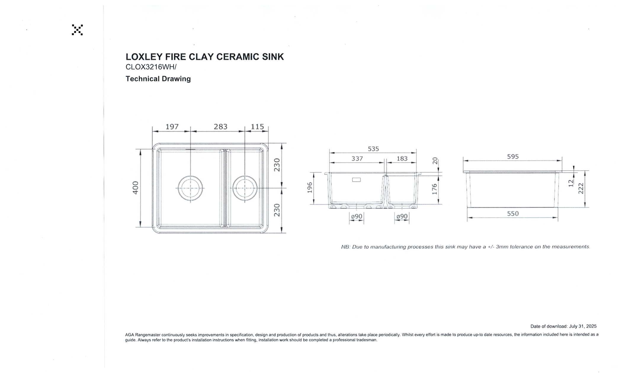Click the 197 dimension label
point(172,127)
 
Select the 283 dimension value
point(221,127)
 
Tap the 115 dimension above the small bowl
point(257,127)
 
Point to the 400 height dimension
point(135,188)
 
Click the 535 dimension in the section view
point(373,149)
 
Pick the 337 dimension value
point(357,159)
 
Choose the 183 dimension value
point(402,159)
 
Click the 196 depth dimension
point(310,188)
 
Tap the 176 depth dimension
point(435,189)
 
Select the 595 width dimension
point(513,157)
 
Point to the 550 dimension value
point(513,213)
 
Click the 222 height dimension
point(581,189)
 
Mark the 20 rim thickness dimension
point(435,161)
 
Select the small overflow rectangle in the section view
point(356,180)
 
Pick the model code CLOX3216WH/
point(151,67)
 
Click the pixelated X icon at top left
point(77,30)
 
